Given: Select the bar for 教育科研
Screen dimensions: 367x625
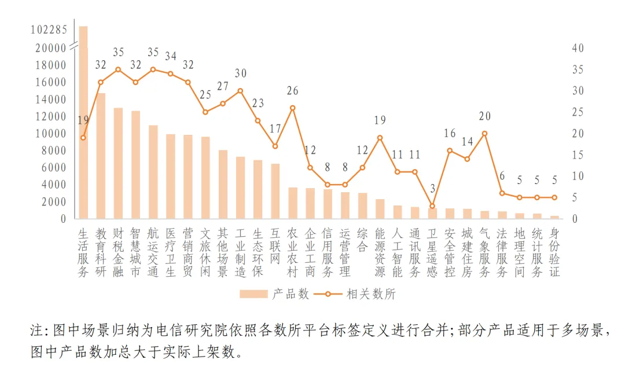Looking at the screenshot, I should click(x=101, y=156).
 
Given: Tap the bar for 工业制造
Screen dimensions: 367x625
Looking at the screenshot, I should click(x=240, y=188).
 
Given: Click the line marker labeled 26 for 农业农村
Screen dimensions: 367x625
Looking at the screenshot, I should click(x=292, y=108).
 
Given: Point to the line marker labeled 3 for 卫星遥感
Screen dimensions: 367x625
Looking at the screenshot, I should click(x=432, y=206).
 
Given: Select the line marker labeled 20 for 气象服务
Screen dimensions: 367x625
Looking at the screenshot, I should click(x=484, y=133).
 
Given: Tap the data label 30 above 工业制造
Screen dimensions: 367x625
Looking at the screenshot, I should click(x=240, y=74).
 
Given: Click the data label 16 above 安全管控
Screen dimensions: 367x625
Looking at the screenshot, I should click(x=450, y=134).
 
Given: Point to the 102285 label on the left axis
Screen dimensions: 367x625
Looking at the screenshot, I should click(x=49, y=29).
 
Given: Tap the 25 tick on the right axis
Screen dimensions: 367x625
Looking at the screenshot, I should click(x=577, y=112).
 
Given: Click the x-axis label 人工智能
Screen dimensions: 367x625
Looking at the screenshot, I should click(x=397, y=252).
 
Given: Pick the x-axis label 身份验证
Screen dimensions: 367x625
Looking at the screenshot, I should click(x=554, y=252).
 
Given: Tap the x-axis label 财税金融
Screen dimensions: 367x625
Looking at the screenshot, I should click(x=118, y=252).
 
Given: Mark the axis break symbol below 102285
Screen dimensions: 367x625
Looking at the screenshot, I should click(x=74, y=44).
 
